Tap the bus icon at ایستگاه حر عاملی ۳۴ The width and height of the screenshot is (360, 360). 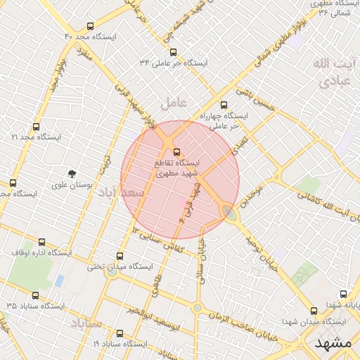(x=174, y=52)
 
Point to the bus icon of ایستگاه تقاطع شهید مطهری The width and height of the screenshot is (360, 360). (x=176, y=152)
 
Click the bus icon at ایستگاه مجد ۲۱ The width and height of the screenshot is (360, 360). (x=36, y=127)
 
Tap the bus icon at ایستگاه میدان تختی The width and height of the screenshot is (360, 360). (x=119, y=257)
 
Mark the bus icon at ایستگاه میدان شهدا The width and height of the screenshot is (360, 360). (x=314, y=311)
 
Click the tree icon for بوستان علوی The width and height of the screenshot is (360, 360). (x=71, y=173)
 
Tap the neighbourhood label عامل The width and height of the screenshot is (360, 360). (x=174, y=103)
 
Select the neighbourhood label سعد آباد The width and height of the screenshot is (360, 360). (x=121, y=191)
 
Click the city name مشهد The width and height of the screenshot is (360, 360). (x=333, y=342)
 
